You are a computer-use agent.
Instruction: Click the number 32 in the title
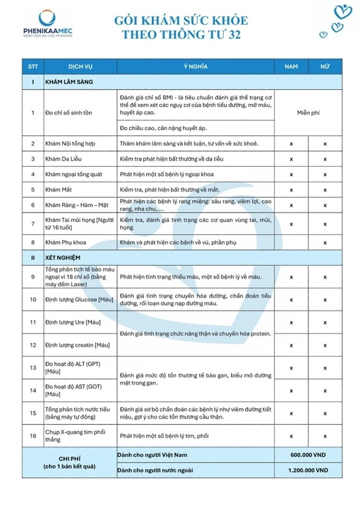(232, 36)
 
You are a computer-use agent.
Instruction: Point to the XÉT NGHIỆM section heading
(64, 257)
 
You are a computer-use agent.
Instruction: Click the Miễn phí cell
(309, 112)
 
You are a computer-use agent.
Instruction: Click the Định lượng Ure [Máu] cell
(73, 323)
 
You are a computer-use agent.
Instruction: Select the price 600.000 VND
(309, 454)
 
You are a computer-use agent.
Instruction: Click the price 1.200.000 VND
(309, 469)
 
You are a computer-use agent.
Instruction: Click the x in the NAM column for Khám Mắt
(291, 190)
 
